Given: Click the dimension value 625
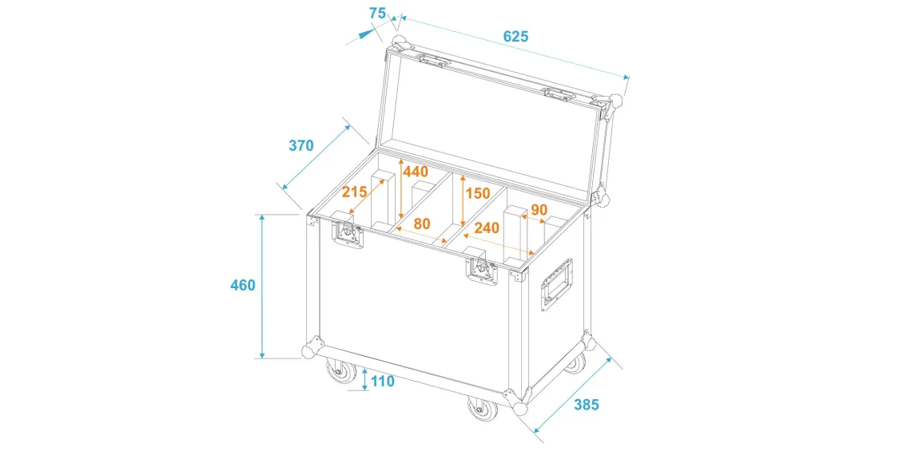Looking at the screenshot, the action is [516, 36].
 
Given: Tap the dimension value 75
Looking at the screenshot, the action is [377, 13].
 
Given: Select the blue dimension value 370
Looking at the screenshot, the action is [301, 145].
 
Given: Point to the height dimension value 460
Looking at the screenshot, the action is [242, 285].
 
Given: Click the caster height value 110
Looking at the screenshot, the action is [382, 382].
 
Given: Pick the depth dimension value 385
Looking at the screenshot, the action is [586, 405].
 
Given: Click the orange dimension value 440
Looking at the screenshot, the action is [416, 172].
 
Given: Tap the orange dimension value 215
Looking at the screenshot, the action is [354, 192].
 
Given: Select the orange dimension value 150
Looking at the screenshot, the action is [478, 192].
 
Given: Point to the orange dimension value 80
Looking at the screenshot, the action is [422, 223].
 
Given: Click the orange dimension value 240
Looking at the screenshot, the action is [487, 228].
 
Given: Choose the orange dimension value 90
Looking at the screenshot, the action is [539, 209].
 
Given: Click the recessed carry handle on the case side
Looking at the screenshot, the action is [556, 286].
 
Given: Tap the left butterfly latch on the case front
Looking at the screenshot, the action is [348, 234].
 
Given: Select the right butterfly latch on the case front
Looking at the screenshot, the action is [482, 270].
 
